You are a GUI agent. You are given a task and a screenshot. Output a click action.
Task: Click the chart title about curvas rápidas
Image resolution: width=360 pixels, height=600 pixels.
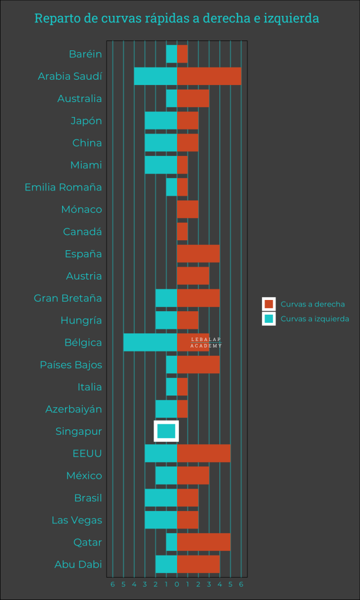click(x=176, y=18)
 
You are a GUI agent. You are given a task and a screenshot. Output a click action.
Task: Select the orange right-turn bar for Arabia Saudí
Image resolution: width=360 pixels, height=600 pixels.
click(x=209, y=76)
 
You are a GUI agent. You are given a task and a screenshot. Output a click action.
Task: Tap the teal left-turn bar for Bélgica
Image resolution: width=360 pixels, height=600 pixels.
click(x=150, y=343)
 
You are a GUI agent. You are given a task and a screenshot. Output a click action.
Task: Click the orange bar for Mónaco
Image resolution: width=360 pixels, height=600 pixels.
click(x=188, y=209)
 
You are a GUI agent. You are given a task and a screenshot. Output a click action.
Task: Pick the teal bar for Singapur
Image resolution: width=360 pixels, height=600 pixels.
click(x=167, y=431)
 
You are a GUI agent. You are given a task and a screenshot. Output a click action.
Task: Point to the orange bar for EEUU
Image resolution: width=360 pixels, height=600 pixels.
click(x=203, y=454)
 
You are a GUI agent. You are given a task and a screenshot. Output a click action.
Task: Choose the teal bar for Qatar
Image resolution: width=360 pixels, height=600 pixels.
click(x=171, y=542)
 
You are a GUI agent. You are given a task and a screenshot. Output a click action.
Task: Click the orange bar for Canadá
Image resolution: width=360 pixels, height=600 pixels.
click(x=182, y=231)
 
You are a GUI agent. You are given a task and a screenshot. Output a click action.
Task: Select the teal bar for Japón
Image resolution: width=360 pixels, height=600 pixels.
click(x=161, y=121)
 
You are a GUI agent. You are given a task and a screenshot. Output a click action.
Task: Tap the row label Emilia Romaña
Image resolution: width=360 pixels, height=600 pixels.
click(x=63, y=187)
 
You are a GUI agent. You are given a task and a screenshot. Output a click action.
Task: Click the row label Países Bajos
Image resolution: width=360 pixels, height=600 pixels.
click(x=71, y=365)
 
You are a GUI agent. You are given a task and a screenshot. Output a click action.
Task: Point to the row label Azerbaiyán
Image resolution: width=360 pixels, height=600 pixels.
click(x=74, y=409)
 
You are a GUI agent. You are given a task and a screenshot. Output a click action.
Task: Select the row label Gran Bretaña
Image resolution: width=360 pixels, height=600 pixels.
click(x=68, y=298)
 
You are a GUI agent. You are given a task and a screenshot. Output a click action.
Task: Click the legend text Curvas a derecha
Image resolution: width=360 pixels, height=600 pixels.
click(x=313, y=304)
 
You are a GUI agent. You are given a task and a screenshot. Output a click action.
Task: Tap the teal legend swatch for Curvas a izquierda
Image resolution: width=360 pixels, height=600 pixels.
click(x=269, y=319)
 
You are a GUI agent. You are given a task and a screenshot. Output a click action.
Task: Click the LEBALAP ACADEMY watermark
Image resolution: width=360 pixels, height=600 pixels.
click(x=206, y=343)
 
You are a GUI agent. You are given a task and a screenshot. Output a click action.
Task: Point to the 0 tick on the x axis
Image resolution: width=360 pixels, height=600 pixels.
click(x=177, y=584)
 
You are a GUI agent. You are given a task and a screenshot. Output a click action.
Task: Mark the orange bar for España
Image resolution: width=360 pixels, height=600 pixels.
click(x=198, y=254)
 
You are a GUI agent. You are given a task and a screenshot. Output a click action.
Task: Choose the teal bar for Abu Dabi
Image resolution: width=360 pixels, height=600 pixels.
click(x=166, y=564)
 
